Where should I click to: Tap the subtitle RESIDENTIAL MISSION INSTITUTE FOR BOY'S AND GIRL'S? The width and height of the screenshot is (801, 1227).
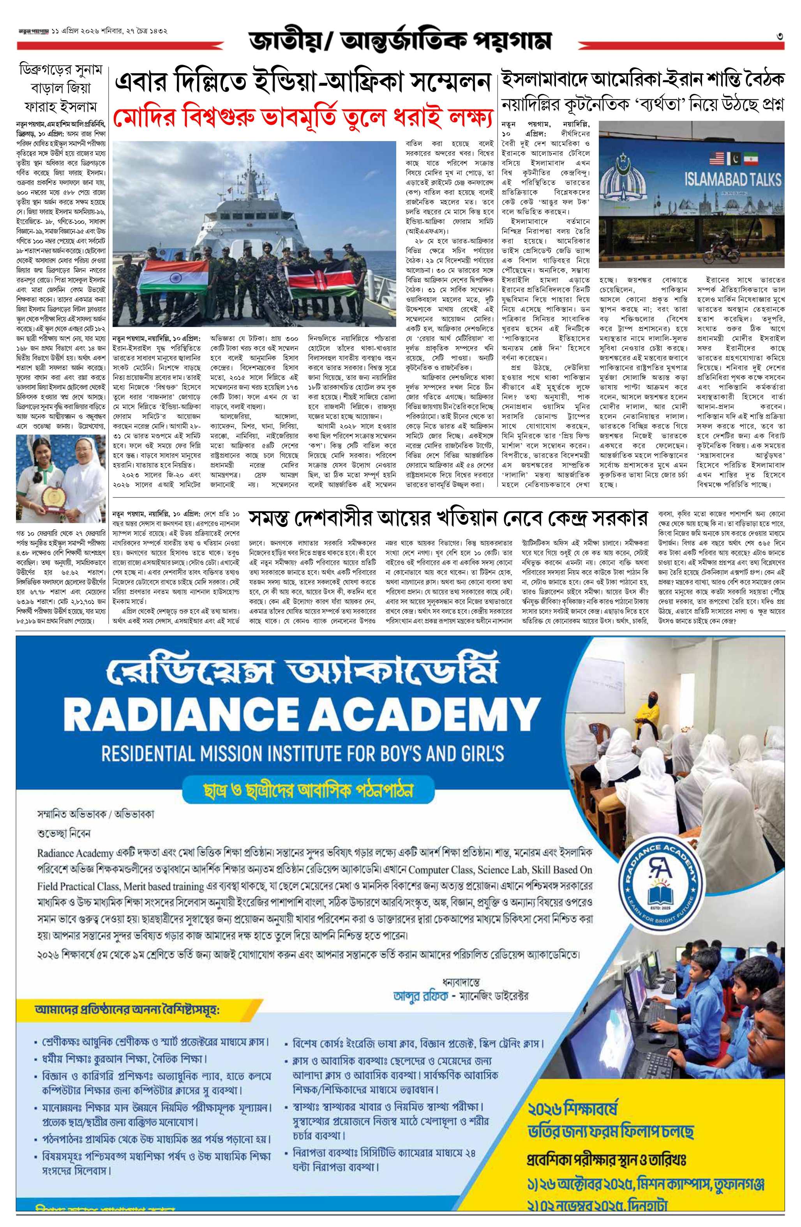303,753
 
